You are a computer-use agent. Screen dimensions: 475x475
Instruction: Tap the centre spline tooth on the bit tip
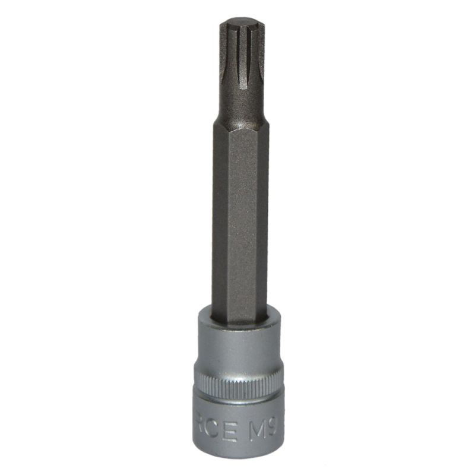click(x=242, y=56)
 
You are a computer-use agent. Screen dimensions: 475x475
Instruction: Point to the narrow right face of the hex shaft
click(x=264, y=220)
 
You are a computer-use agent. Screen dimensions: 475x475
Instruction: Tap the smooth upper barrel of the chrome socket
click(x=237, y=350)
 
